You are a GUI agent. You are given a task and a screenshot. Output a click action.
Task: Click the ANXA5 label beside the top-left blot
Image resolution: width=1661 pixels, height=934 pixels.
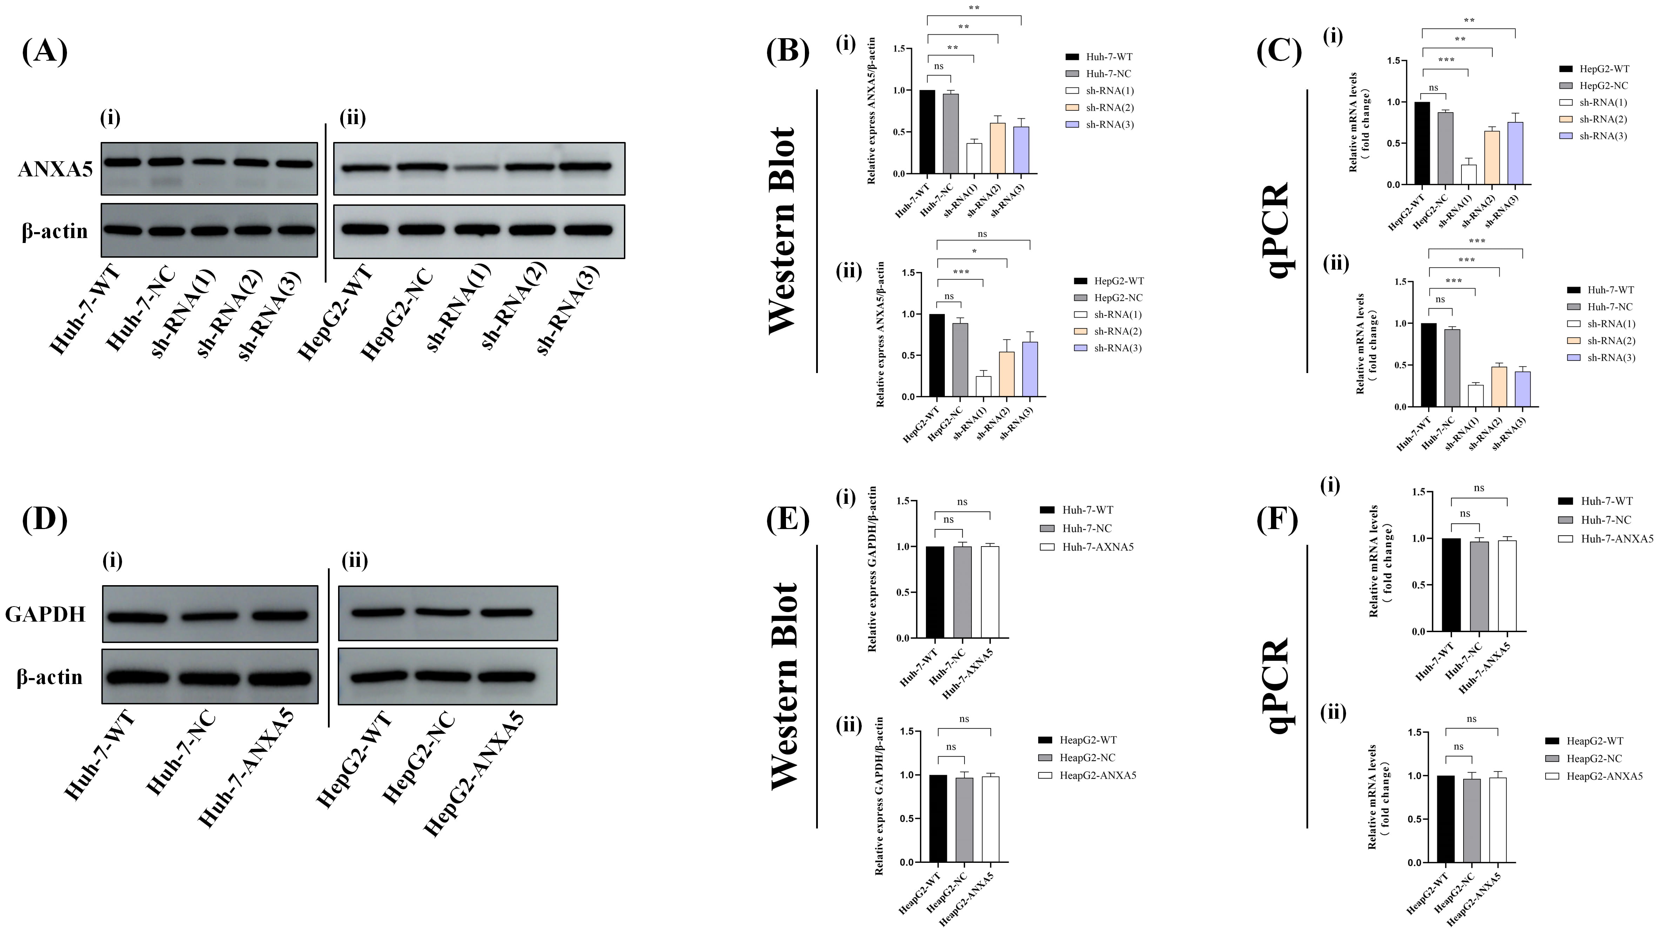(55, 170)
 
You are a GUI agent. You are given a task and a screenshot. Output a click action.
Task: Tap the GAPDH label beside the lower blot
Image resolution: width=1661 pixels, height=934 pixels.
(45, 614)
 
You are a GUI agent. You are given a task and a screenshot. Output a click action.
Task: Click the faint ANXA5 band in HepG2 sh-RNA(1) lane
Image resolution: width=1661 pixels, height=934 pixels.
(477, 168)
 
